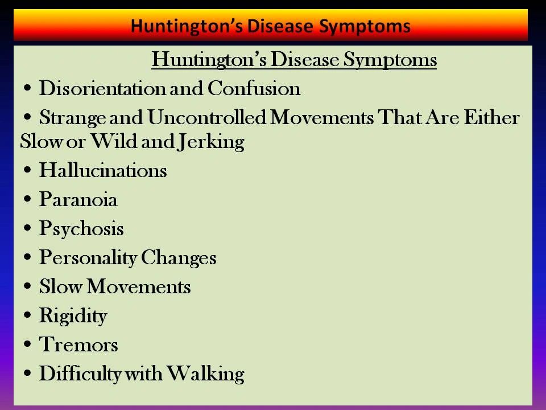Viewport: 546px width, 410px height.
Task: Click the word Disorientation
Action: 103,88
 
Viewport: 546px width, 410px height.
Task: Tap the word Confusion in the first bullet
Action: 254,88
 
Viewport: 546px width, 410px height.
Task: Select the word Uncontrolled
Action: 207,117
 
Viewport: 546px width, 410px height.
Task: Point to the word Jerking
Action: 210,142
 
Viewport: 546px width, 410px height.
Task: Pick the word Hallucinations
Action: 103,170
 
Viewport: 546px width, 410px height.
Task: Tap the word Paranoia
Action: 78,199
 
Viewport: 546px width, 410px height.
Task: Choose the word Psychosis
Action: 81,229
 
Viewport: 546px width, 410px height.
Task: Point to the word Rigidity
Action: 73,316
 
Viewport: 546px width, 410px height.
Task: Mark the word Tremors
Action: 78,345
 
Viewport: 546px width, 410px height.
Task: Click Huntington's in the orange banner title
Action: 187,27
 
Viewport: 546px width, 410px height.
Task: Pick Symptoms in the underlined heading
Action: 390,60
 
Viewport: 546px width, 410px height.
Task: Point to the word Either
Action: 491,117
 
